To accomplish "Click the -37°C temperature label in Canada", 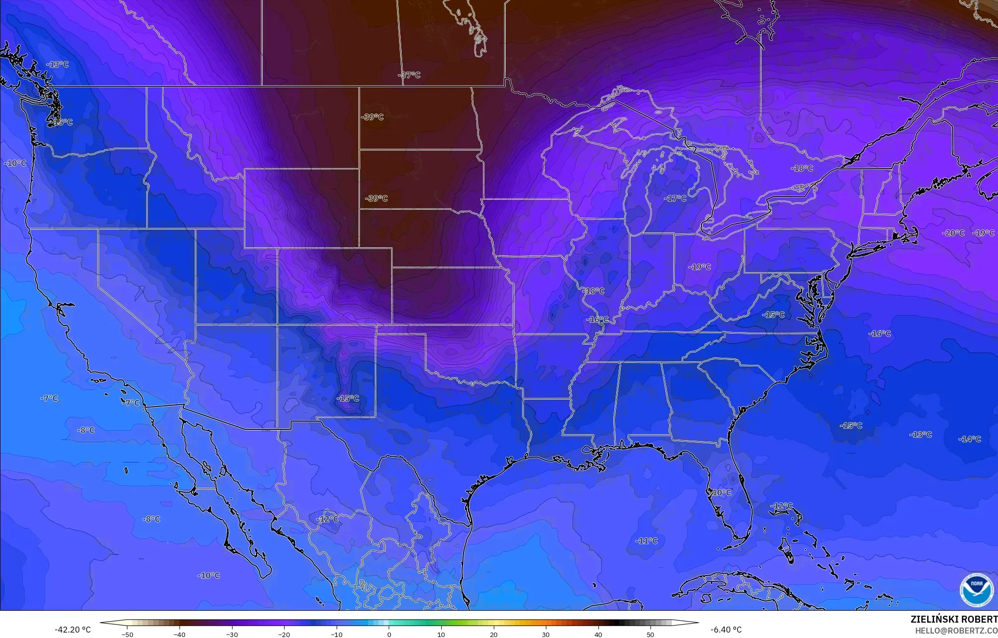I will [409, 75].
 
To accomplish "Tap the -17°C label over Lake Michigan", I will [675, 198].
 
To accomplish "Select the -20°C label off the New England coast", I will [953, 233].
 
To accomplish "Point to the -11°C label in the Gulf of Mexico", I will [646, 541].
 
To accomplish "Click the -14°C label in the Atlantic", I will [969, 439].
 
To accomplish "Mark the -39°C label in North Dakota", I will [372, 117].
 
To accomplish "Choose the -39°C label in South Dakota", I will [376, 198].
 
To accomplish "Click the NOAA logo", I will [976, 590].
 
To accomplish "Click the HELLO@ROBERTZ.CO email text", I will [956, 631].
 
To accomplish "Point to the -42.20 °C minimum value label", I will [72, 630].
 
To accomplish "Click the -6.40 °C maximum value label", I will [726, 630].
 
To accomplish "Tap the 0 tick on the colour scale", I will [389, 635].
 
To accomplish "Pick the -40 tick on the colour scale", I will [179, 635].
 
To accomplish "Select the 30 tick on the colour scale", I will [546, 635].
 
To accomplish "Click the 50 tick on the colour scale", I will [650, 635].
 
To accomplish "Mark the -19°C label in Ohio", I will [700, 267].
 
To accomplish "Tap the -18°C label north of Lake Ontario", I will [802, 169].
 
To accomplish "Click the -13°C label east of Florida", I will [920, 435].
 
